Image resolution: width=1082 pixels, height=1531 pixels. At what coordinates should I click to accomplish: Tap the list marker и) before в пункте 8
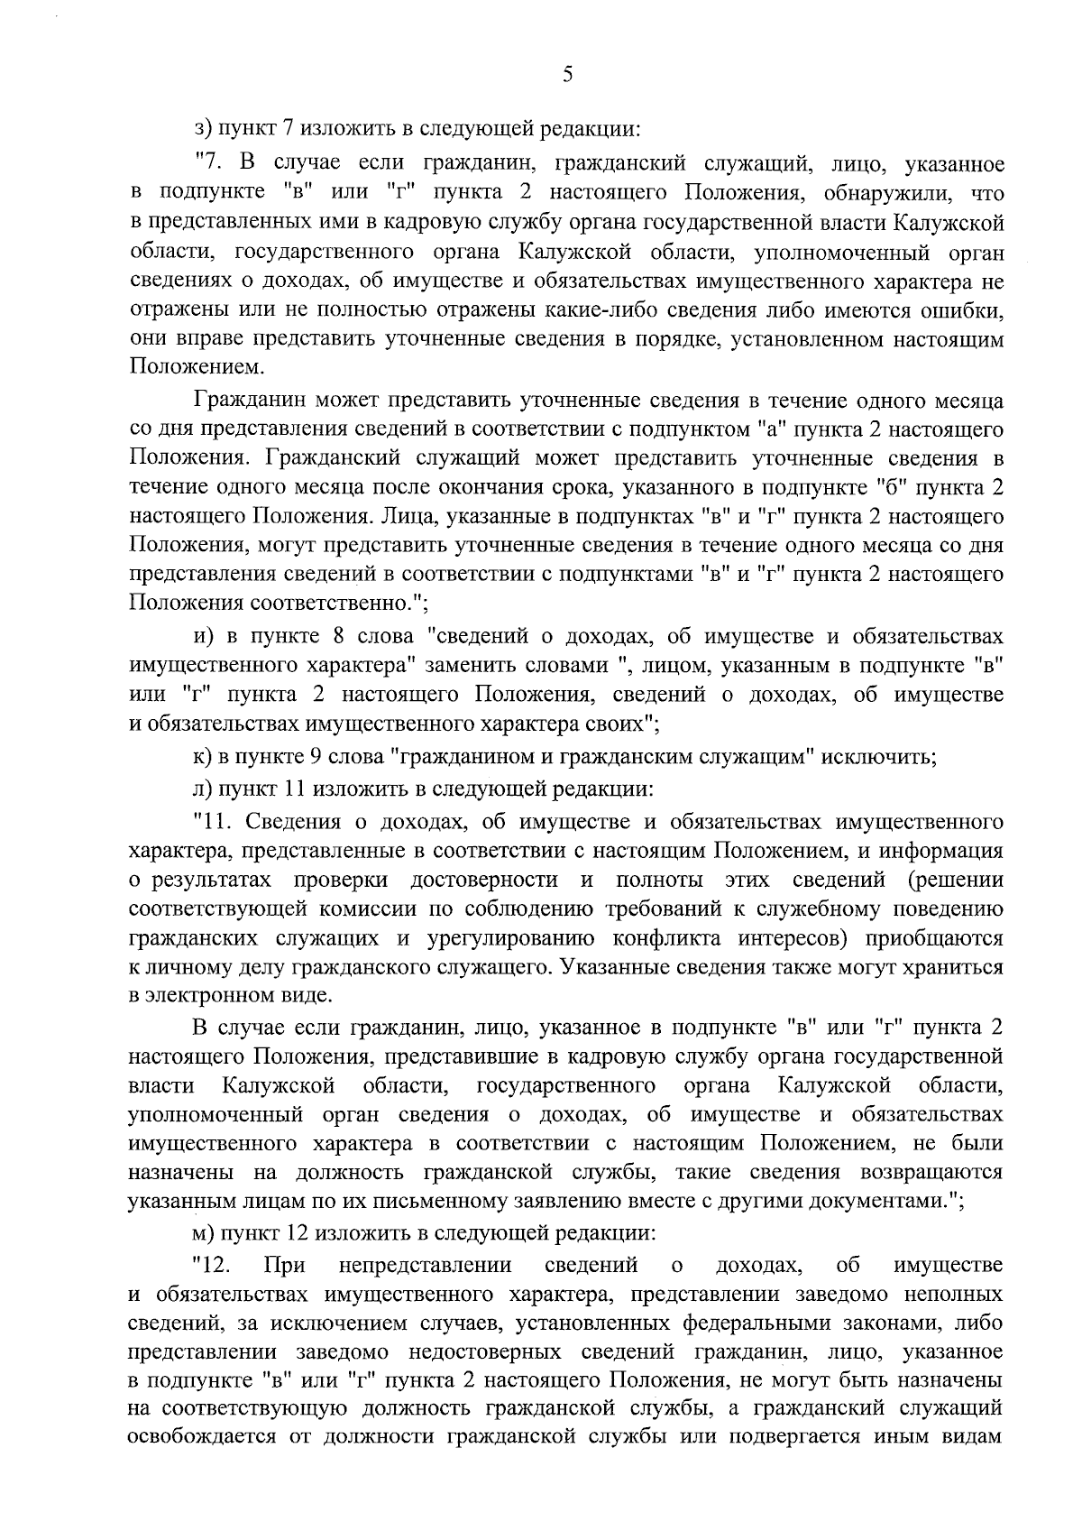(x=202, y=637)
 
